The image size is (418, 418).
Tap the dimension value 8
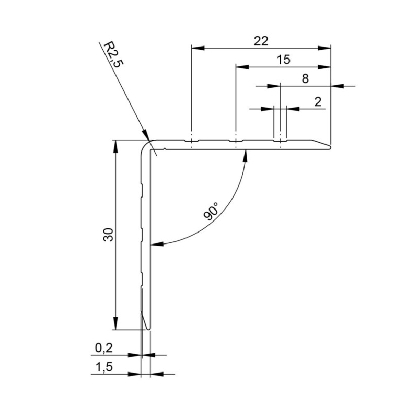306,79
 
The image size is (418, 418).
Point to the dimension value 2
317,102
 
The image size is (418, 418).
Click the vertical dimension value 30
108,235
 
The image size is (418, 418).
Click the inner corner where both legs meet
150,149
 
